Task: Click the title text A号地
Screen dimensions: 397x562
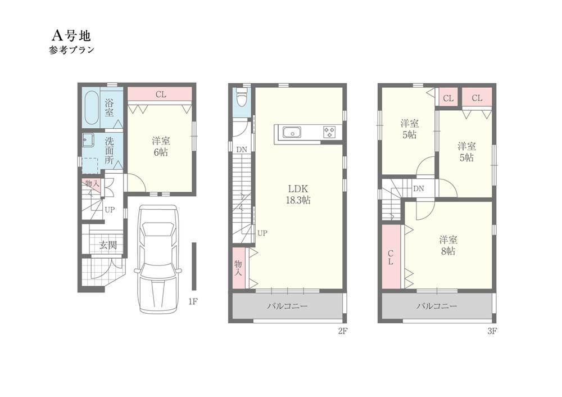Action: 71,35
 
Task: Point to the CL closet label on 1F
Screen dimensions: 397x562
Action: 161,94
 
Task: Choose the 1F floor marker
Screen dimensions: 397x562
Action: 193,302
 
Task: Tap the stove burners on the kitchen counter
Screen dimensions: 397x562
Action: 329,132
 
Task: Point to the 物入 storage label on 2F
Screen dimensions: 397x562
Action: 238,268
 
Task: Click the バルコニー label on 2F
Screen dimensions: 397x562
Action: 287,306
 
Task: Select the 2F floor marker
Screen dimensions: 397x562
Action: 343,331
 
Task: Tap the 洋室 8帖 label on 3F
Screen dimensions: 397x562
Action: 448,246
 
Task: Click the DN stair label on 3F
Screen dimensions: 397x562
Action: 419,189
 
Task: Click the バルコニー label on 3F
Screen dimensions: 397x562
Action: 437,306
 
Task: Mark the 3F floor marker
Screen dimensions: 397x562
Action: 492,331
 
